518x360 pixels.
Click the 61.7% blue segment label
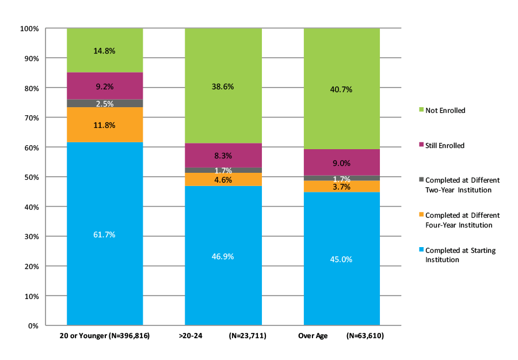click(104, 234)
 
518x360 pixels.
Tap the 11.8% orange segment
click(104, 124)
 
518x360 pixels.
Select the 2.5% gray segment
click(104, 104)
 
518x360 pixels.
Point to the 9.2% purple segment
click(104, 86)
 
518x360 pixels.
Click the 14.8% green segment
click(104, 51)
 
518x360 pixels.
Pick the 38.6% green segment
click(223, 86)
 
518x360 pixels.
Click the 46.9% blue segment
click(223, 256)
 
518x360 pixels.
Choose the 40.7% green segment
click(341, 89)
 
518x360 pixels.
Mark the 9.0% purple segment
click(341, 162)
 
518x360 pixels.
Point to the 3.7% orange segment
click(341, 186)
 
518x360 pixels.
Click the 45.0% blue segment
click(341, 259)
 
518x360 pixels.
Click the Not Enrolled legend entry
click(445, 110)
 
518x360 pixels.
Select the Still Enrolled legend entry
click(445, 146)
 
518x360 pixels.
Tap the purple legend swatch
click(421, 146)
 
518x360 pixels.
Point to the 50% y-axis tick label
click(29, 177)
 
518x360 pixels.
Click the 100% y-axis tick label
click(28, 28)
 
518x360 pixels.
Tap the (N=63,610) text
click(365, 336)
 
